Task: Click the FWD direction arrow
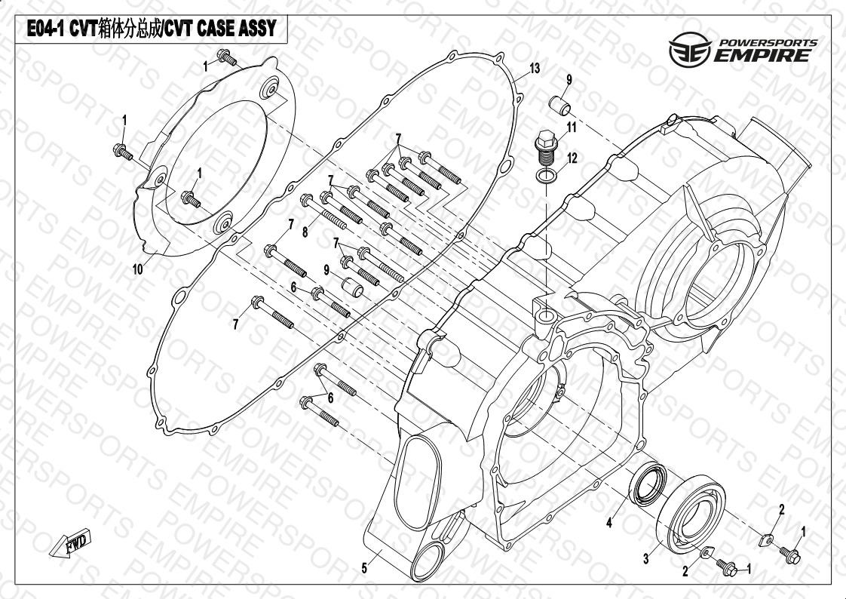[x=71, y=542]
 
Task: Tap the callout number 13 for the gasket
[x=534, y=69]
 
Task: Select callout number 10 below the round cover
[x=137, y=269]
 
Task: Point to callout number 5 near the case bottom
[x=364, y=568]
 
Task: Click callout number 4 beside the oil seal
[x=609, y=522]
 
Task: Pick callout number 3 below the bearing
[x=646, y=559]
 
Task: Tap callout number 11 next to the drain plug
[x=572, y=127]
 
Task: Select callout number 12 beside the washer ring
[x=572, y=158]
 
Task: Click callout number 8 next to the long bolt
[x=305, y=232]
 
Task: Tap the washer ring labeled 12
[x=547, y=176]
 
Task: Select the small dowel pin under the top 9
[x=559, y=105]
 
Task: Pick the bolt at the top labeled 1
[x=227, y=57]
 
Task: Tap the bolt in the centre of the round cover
[x=191, y=198]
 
